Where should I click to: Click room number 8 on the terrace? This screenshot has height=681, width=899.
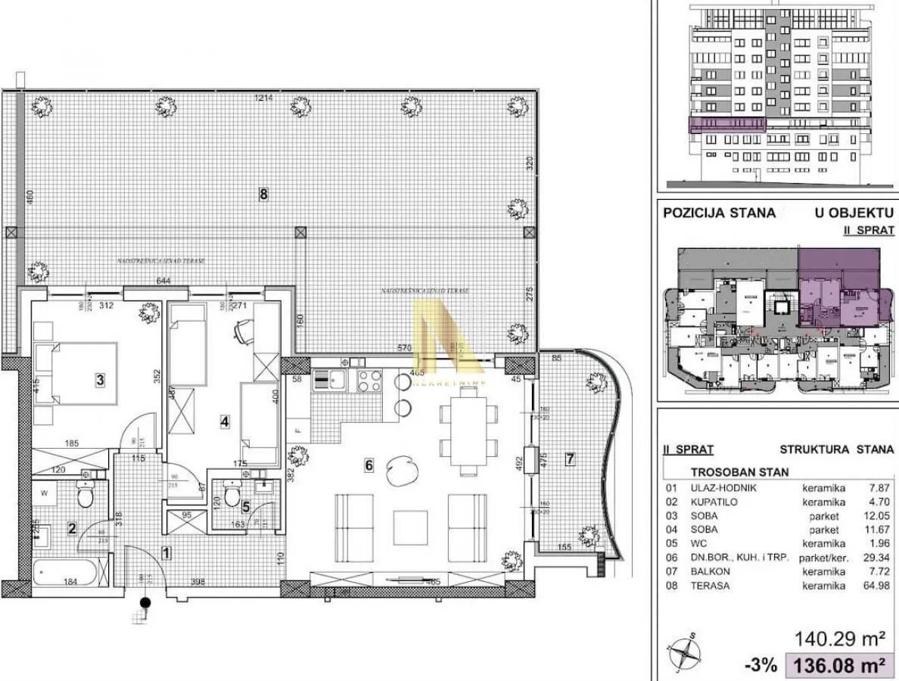coord(263,194)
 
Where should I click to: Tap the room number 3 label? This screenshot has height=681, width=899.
coord(100,380)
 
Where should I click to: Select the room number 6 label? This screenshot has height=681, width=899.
coord(369,465)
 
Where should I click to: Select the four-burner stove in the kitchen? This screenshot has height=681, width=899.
coord(369,381)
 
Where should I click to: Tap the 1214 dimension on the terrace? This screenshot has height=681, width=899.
coord(263,98)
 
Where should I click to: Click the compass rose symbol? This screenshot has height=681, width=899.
coord(684,651)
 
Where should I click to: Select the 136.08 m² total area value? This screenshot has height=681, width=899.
coord(838,666)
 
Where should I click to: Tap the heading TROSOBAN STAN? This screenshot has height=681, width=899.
coord(739,472)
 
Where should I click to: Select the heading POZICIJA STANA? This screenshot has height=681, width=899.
coord(719,213)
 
